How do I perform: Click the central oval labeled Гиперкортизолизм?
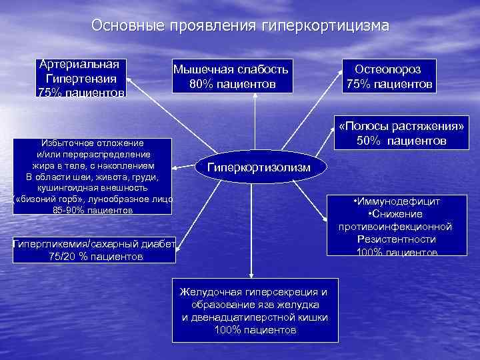coord(259,167)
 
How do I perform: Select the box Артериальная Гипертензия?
coord(81,78)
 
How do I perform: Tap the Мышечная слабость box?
coord(231,76)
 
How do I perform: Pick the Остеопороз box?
coord(389,76)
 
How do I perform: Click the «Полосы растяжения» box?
coord(401,133)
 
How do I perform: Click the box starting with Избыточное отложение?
coord(93,177)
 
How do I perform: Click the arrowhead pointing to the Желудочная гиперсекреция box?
coord(252,273)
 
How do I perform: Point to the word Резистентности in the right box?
coord(397,239)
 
